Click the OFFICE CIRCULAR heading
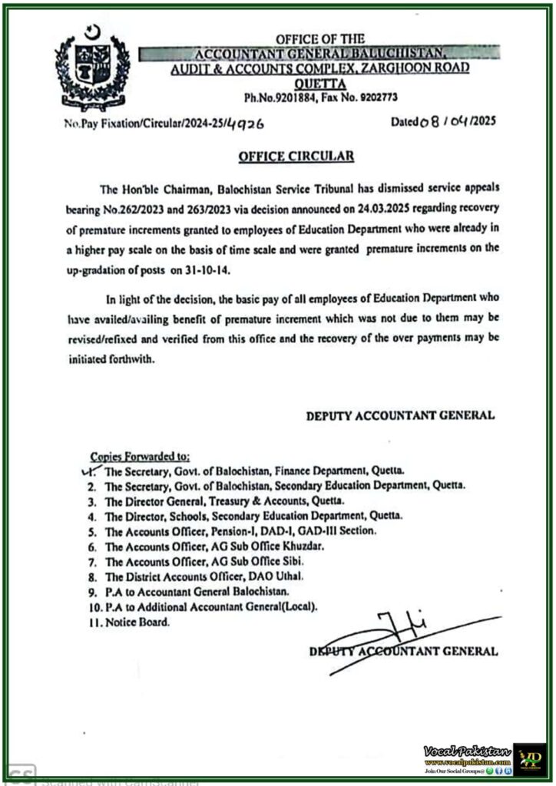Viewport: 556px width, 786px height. click(x=296, y=156)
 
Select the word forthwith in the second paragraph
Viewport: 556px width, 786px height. click(x=127, y=359)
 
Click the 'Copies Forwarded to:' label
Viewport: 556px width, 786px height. click(x=134, y=456)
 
